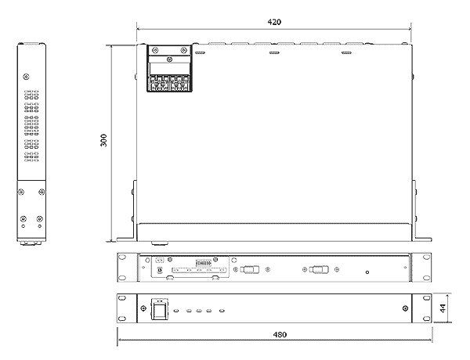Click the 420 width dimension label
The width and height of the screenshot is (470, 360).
pos(274,22)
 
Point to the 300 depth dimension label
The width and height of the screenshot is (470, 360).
pos(103,140)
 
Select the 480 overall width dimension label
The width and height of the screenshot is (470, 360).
pos(280,334)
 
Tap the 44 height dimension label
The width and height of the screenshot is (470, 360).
pos(443,308)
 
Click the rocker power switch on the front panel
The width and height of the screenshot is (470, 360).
pos(160,309)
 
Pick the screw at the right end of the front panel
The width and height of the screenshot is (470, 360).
pos(405,308)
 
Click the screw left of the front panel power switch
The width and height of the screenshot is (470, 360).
pos(143,308)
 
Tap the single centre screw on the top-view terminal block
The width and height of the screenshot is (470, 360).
pos(169,59)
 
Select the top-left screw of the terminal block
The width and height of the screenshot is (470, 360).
pos(155,50)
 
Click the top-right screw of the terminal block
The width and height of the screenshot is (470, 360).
pos(184,50)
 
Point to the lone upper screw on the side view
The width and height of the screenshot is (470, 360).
pos(26,77)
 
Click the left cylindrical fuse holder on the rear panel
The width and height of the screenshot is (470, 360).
pos(249,269)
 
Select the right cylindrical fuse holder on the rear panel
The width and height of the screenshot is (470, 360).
pos(318,269)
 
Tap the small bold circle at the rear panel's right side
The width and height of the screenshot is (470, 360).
pos(367,272)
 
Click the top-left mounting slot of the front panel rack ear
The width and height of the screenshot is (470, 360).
pos(122,298)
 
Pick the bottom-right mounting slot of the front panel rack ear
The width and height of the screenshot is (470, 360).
pos(426,318)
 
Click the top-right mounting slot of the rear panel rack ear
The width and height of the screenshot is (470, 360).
pos(426,257)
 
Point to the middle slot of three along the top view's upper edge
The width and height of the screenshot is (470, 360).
pos(274,52)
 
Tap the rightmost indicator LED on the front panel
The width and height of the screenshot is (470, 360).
pos(222,311)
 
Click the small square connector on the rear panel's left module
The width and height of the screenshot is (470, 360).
pos(160,269)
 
